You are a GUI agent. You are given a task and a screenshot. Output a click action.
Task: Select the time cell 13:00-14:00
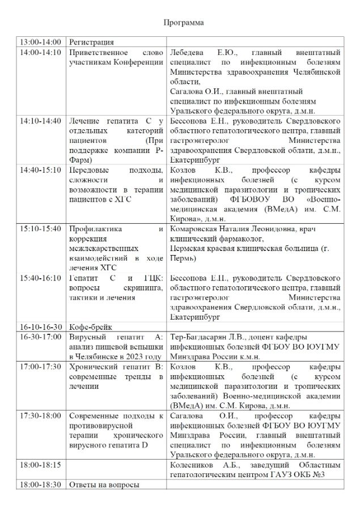point(40,42)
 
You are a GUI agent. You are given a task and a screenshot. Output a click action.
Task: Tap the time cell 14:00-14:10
point(40,52)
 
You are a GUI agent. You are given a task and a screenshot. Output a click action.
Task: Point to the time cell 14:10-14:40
point(40,121)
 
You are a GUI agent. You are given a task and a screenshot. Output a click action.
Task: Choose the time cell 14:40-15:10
point(40,170)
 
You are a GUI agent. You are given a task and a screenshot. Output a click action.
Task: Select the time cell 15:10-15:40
point(40,229)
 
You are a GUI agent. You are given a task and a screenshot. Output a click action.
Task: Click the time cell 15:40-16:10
point(40,278)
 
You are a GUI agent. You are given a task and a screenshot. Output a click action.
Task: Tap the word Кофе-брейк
point(91,328)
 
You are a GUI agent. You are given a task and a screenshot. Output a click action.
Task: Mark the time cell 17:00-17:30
point(40,367)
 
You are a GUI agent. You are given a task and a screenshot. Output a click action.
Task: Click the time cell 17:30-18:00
point(40,415)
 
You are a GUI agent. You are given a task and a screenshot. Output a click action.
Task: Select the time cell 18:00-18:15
point(40,465)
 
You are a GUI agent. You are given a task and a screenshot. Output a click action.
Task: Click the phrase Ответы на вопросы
point(104,485)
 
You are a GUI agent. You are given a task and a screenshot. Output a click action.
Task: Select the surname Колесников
point(193,465)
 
